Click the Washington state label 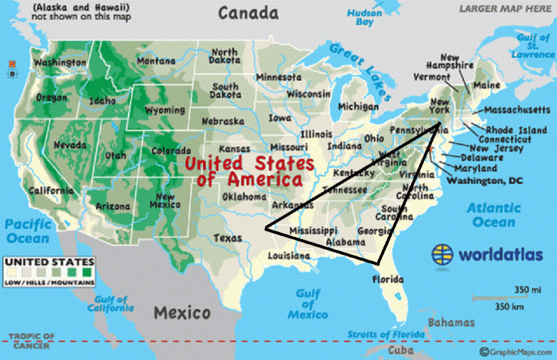59,63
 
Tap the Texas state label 228,237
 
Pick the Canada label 244,13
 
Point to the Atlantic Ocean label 493,214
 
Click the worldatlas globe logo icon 444,253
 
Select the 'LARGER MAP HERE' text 505,8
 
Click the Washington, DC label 484,181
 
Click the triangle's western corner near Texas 266,229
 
